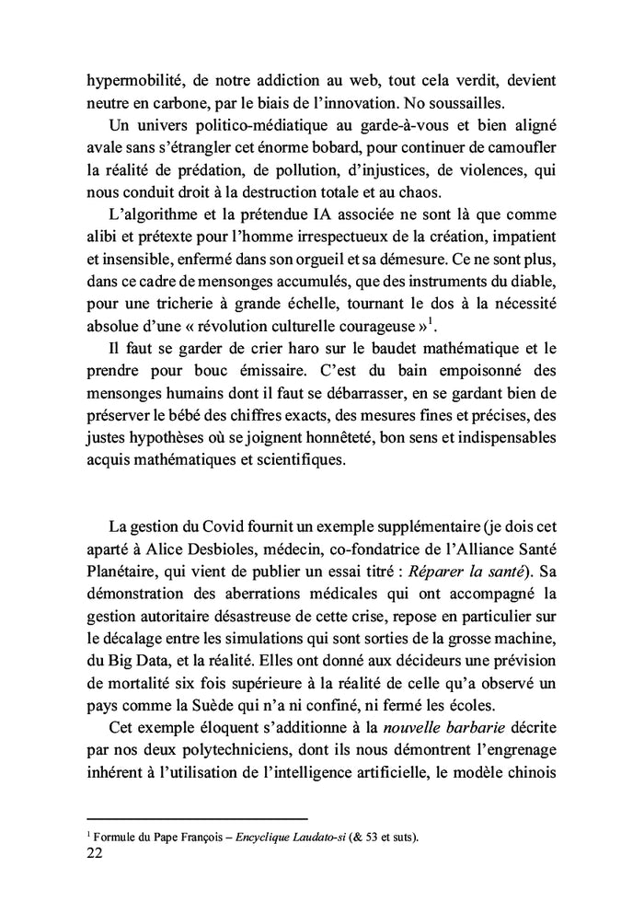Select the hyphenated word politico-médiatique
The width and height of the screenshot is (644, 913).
pyautogui.click(x=246, y=124)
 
